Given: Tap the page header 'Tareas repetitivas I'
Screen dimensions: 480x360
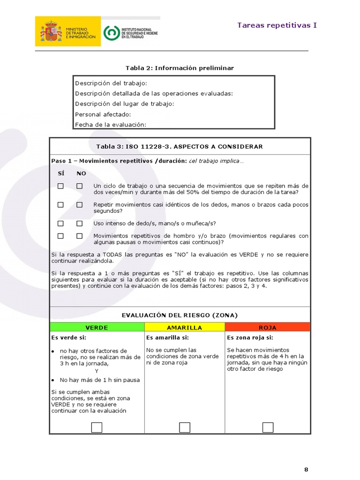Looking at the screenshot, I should [x=277, y=25].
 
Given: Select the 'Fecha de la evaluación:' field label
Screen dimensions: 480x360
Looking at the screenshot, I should [x=111, y=124].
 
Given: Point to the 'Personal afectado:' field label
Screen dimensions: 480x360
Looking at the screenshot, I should [x=103, y=114].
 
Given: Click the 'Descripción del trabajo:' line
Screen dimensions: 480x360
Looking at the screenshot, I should [x=111, y=83].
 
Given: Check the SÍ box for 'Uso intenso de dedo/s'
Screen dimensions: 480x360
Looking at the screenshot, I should [x=60, y=223].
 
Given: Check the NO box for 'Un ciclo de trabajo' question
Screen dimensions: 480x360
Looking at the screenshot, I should [x=80, y=186].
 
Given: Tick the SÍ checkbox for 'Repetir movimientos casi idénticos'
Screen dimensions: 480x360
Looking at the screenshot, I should [x=60, y=205].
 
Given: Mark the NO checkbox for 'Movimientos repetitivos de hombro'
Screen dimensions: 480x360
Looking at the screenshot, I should [x=80, y=236].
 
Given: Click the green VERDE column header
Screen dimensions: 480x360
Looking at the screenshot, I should [x=97, y=327].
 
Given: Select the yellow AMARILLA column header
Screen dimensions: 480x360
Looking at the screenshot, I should [x=185, y=327].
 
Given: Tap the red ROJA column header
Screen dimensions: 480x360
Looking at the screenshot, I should [x=268, y=327].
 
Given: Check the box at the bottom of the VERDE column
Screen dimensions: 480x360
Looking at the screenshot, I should [x=97, y=427].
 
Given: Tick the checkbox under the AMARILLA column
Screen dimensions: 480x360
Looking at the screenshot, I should [x=185, y=427].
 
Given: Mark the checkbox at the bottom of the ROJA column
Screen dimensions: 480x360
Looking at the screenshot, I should [x=268, y=427].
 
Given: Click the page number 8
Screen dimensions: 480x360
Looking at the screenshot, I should [x=306, y=469].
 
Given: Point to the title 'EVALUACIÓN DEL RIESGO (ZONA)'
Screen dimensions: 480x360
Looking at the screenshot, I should [x=180, y=315].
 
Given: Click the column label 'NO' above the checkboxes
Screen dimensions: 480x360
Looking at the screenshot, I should [x=81, y=173].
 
